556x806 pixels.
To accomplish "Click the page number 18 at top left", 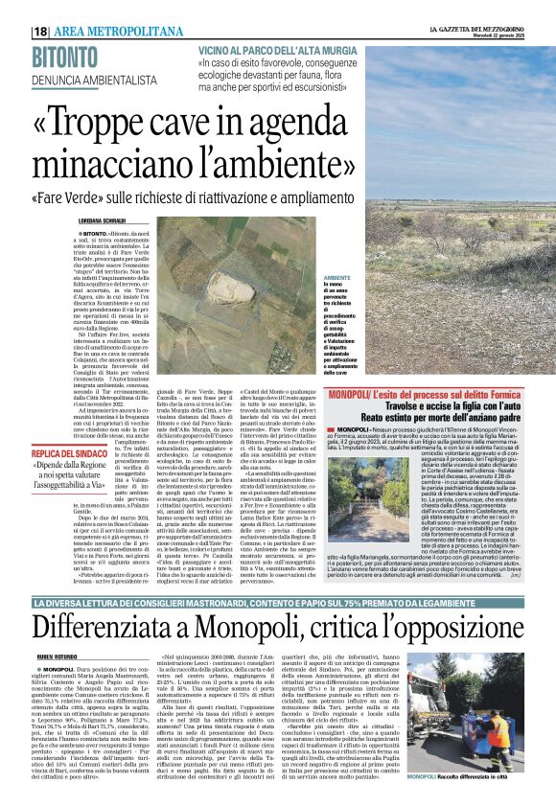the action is tap(41, 32).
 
